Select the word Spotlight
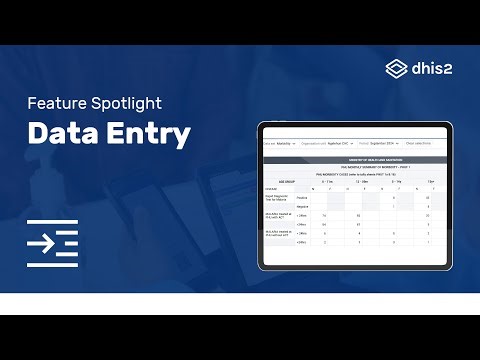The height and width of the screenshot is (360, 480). [136, 103]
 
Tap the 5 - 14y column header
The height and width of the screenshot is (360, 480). [399, 181]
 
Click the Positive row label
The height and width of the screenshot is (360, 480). [303, 197]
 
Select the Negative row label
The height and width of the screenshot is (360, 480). [303, 207]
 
